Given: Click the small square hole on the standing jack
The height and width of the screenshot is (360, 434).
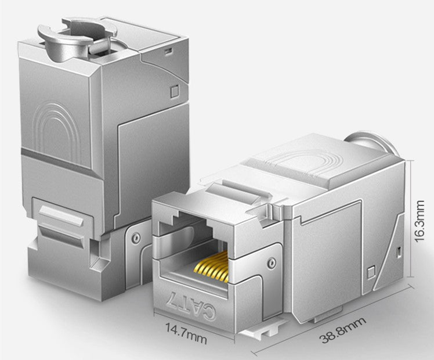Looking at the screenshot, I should click(x=175, y=91).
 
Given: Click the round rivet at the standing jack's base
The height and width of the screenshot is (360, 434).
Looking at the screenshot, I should click(x=136, y=237).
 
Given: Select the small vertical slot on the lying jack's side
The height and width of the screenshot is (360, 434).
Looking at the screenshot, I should click(x=399, y=251).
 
